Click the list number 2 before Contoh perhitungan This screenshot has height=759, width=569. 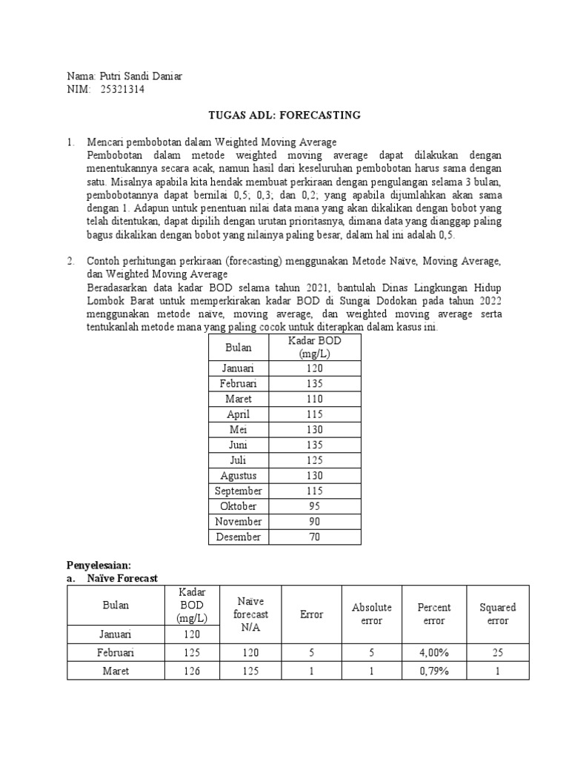[x=70, y=262]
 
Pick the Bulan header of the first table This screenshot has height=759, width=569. [x=239, y=347]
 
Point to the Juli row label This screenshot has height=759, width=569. [x=239, y=460]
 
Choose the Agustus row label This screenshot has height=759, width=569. [x=239, y=475]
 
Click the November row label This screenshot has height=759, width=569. [x=239, y=522]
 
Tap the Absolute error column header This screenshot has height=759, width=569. [x=371, y=614]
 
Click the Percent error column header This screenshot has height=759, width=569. [x=433, y=614]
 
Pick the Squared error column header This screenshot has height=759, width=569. [x=497, y=614]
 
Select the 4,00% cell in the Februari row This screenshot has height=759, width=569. [x=433, y=652]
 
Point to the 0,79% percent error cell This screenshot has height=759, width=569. [x=433, y=671]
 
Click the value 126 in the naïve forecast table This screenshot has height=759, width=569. [x=191, y=671]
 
